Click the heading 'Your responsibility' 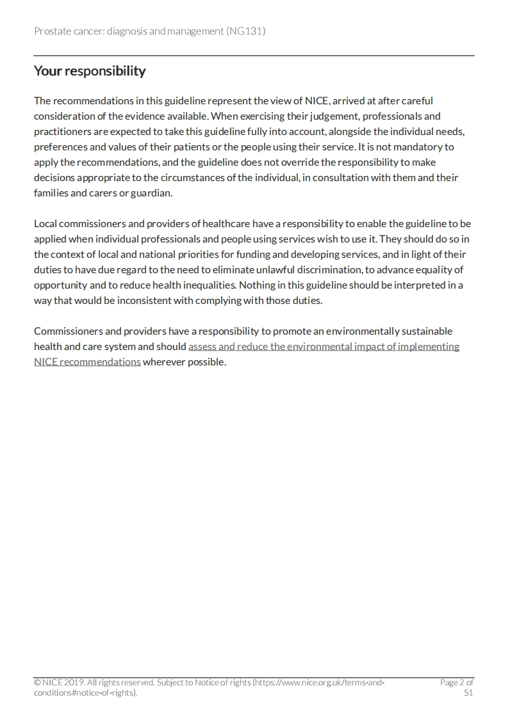tap(90, 71)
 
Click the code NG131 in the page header tap(246, 31)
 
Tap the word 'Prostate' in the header tap(53, 31)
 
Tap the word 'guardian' tap(150, 193)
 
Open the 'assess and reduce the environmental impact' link tap(324, 346)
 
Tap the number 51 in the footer tap(468, 693)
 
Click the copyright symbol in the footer tap(37, 683)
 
